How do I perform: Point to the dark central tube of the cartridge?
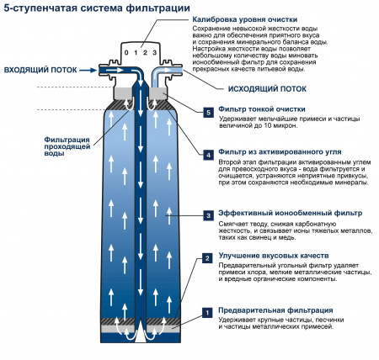[x=141, y=210]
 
